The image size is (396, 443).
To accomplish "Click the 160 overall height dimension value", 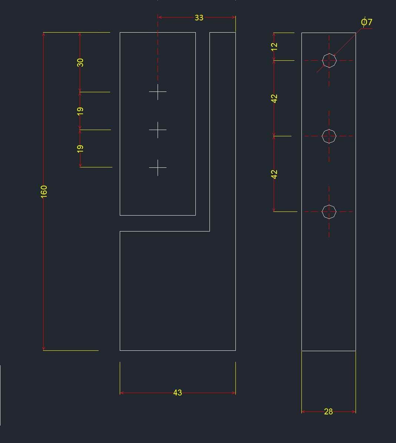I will [x=44, y=191].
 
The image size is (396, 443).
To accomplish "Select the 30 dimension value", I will [x=80, y=62].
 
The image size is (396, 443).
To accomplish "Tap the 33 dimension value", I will [x=199, y=17].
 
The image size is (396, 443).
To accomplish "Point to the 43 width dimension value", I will [x=178, y=393].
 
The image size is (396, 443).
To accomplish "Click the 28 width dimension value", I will [x=329, y=411].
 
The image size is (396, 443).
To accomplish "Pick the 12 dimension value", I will [x=274, y=46].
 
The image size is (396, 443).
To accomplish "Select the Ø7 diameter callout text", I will [x=366, y=22].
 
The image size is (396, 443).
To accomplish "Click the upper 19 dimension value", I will [x=80, y=111].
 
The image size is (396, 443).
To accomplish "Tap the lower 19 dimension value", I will [x=80, y=149].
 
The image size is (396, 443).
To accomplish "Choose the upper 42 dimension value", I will [x=274, y=98].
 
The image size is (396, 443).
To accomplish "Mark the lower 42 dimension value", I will [x=274, y=174].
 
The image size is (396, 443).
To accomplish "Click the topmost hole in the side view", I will [x=329, y=60].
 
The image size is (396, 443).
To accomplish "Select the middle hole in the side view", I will [x=329, y=136].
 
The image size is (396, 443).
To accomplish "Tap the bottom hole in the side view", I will [x=329, y=211].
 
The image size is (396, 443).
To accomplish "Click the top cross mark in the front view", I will [x=158, y=91].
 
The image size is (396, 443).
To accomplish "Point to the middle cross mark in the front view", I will [x=158, y=130].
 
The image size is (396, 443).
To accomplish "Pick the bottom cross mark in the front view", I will [x=158, y=167].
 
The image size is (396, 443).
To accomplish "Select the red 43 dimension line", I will [x=148, y=393].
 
